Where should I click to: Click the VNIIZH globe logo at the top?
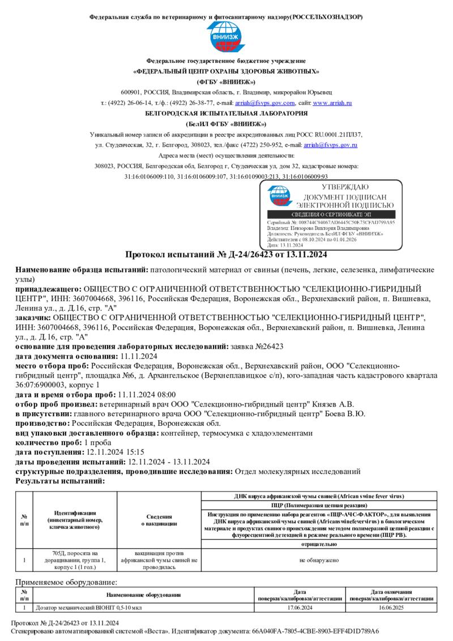[x=226, y=37]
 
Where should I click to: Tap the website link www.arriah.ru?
[x=332, y=103]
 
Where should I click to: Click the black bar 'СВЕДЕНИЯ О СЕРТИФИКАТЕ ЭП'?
[x=331, y=215]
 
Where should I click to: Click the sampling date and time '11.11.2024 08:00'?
[x=147, y=395]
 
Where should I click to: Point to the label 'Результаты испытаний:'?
[x=60, y=481]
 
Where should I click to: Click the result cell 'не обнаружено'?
[x=319, y=560]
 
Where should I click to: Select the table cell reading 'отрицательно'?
[x=319, y=544]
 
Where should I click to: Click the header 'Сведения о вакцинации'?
[x=159, y=520]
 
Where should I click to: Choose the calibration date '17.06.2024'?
[x=300, y=607]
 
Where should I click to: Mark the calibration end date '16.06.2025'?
[x=391, y=607]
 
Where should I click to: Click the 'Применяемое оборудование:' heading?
[x=66, y=582]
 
